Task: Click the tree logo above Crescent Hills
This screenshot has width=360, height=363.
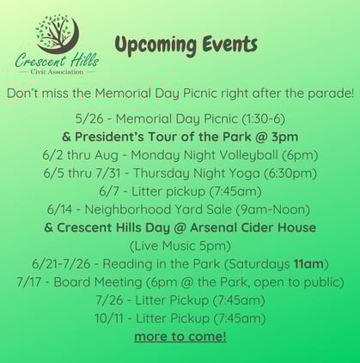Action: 58,34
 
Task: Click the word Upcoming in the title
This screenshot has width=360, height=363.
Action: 156,45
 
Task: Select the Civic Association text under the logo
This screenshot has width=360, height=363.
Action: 57,71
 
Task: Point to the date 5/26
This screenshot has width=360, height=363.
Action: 89,118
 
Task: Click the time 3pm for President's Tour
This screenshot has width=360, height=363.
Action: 284,137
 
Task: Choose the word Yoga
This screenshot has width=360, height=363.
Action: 246,173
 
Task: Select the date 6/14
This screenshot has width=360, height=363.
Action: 60,209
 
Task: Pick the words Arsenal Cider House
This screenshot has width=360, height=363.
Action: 253,227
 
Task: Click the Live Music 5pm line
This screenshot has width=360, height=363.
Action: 180,246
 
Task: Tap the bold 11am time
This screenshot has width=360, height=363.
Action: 308,263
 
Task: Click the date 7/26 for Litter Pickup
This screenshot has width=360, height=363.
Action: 109,300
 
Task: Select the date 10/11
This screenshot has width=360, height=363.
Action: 109,318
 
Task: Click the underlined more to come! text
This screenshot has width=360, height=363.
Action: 180,336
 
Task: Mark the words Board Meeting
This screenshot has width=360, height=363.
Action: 98,282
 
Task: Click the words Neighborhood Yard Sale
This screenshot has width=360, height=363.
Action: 158,209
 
